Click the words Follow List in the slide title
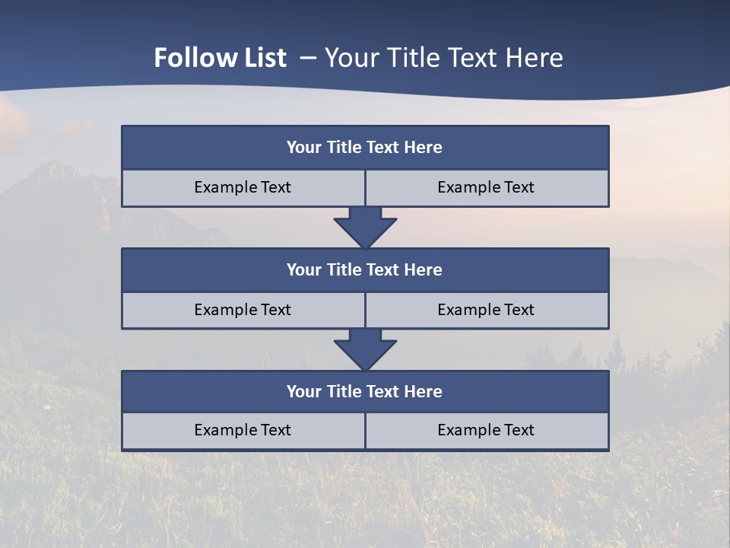pyautogui.click(x=220, y=58)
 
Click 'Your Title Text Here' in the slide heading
pyautogui.click(x=444, y=58)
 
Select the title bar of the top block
pyautogui.click(x=365, y=148)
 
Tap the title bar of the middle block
pyautogui.click(x=365, y=270)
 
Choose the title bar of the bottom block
pyautogui.click(x=365, y=392)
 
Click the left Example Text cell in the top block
pyautogui.click(x=243, y=188)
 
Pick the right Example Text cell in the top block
pyautogui.click(x=487, y=188)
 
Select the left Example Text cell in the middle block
pyautogui.click(x=243, y=311)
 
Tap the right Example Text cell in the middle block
pyautogui.click(x=487, y=311)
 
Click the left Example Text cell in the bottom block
pyautogui.click(x=243, y=431)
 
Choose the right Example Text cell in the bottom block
pyautogui.click(x=487, y=431)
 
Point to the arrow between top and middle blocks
pyautogui.click(x=365, y=227)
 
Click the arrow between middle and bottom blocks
pyautogui.click(x=365, y=349)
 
